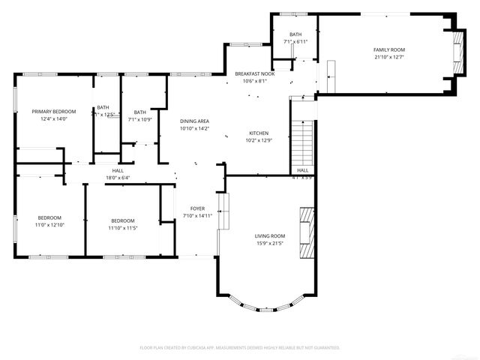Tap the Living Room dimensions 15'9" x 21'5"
270,243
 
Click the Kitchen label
259,133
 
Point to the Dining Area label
194,121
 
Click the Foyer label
197,208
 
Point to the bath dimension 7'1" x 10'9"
140,119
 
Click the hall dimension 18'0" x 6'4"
118,178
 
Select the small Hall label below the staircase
302,170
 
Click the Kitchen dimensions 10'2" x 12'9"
259,139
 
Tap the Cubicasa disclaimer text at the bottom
240,348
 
